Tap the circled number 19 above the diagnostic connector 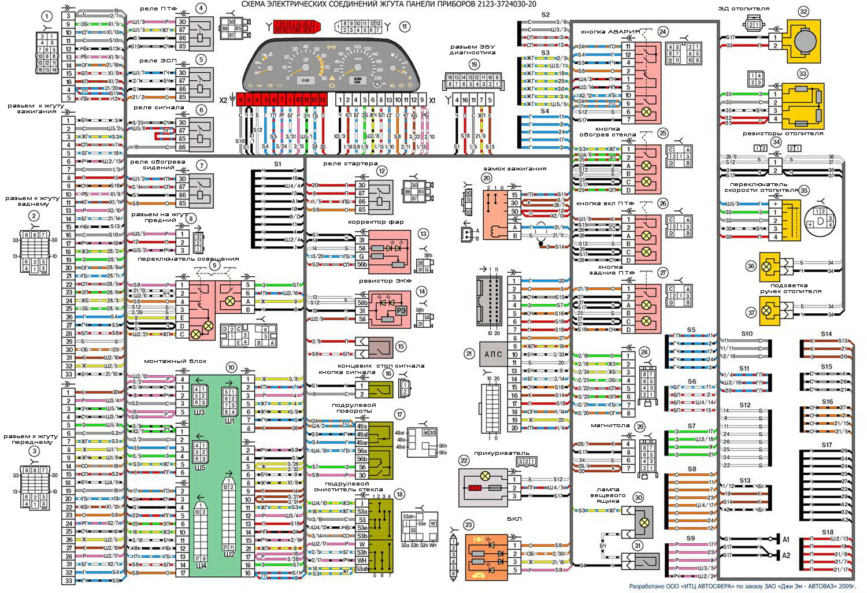[x=474, y=65]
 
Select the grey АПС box [x=493, y=354]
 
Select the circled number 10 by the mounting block [x=231, y=367]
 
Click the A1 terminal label [x=786, y=539]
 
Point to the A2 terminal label [x=786, y=555]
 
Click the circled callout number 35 [x=804, y=190]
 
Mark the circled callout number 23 [x=468, y=525]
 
